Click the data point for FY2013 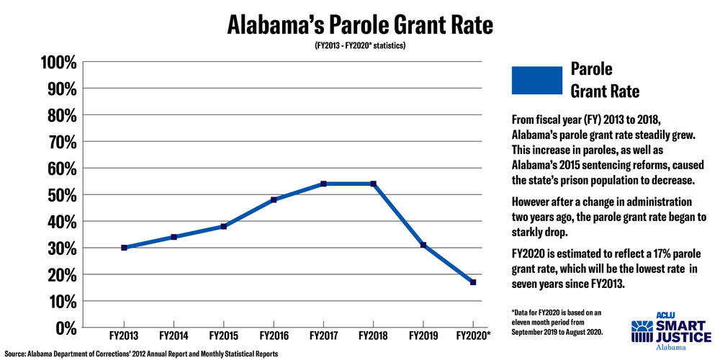tap(124, 248)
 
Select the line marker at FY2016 tap(274, 199)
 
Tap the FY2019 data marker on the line tap(423, 245)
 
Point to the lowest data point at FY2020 tap(473, 282)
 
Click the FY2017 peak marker tap(323, 184)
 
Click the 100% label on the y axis tap(57, 62)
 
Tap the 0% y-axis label tap(63, 328)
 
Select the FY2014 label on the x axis tap(174, 336)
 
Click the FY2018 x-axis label tap(373, 336)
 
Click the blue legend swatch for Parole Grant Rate tap(536, 80)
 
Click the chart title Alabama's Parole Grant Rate tap(360, 25)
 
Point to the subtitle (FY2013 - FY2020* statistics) tap(360, 47)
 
